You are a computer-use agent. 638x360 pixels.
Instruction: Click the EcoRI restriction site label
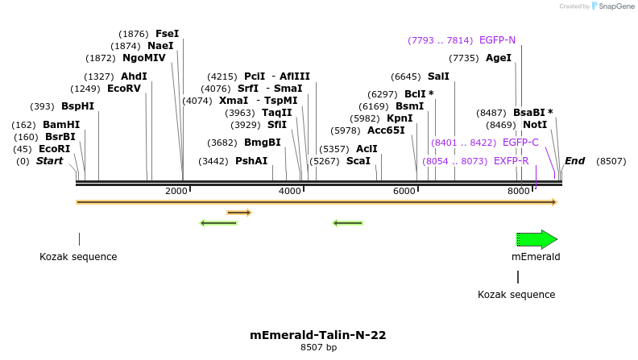[x=54, y=149]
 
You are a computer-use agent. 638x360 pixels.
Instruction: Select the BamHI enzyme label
[x=61, y=125]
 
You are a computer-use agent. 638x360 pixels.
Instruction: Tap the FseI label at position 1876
[x=167, y=34]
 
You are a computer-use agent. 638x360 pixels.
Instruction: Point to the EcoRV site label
[x=123, y=89]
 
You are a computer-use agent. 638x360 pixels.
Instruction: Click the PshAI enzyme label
[x=251, y=161]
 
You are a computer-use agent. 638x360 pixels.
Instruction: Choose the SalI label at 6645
[x=438, y=77]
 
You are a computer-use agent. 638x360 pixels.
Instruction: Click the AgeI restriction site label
[x=499, y=58]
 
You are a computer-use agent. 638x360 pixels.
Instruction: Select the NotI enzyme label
[x=534, y=125]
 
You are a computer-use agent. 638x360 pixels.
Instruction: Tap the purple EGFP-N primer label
[x=497, y=40]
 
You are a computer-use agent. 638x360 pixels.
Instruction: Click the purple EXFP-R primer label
[x=511, y=161]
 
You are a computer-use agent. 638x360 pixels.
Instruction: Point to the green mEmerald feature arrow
[x=537, y=239]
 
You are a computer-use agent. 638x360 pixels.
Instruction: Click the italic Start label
[x=49, y=161]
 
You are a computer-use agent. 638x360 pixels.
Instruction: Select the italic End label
[x=574, y=161]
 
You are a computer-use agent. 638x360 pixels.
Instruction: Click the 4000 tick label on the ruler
[x=289, y=191]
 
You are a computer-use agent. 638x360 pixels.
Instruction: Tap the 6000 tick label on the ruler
[x=404, y=191]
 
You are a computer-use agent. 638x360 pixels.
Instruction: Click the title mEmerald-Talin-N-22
[x=318, y=335]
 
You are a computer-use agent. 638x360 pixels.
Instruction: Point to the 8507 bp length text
[x=318, y=348]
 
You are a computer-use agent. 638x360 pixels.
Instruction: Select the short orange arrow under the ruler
[x=239, y=213]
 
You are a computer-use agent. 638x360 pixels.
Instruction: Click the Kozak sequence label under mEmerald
[x=516, y=295]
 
